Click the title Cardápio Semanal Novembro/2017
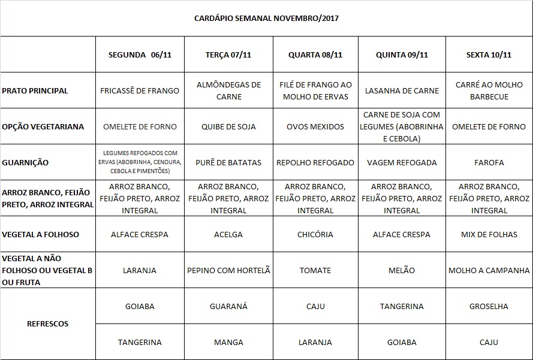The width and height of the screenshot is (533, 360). coord(266,19)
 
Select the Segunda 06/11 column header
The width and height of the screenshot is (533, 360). coord(140,55)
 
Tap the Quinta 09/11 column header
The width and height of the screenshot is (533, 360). coord(402,55)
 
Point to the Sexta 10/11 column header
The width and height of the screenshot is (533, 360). coord(489,55)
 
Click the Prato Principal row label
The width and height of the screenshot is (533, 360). coord(35,90)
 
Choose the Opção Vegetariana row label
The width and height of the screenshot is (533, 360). coord(43,126)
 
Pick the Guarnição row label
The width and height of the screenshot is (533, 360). coord(25,162)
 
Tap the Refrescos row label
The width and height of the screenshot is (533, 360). coord(48,324)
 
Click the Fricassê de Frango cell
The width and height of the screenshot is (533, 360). coord(140,90)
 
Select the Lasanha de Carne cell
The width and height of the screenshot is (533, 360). coord(402,90)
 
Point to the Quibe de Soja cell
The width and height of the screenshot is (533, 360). coord(228,126)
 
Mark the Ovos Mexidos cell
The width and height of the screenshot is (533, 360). coord(315,126)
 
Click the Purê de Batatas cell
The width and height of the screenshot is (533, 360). coord(228,162)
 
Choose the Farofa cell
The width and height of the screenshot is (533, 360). coord(489,162)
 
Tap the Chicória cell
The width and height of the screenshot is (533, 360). coord(315,234)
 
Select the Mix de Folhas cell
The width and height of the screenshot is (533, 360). coord(489,234)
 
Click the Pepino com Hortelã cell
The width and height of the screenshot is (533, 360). coord(228,270)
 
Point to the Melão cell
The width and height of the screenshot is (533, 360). coord(402,270)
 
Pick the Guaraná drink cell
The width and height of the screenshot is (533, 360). coord(228,306)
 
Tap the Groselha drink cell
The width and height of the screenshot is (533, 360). coord(489,306)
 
